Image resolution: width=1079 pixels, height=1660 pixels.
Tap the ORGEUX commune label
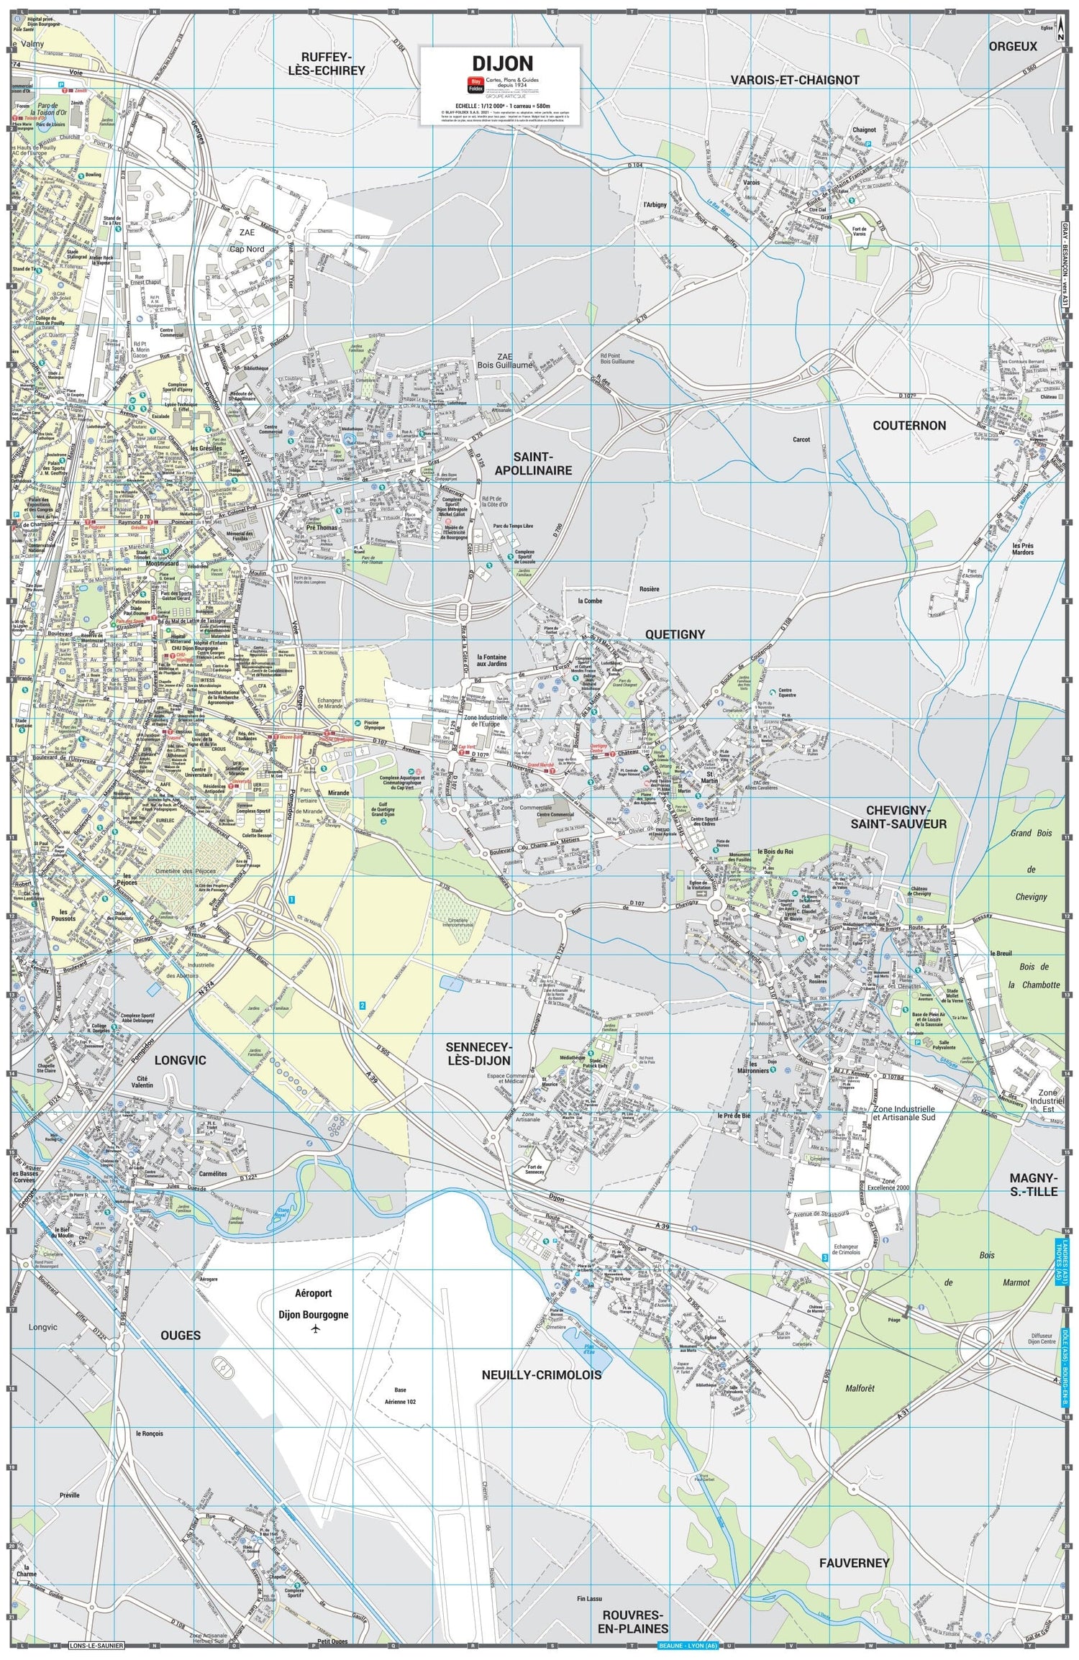1013,46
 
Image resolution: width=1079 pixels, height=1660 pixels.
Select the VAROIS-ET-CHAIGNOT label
795,81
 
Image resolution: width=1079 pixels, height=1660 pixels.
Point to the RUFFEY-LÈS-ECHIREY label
327,64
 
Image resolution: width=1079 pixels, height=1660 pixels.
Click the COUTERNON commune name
909,425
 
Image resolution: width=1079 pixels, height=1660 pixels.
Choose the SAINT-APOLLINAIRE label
533,463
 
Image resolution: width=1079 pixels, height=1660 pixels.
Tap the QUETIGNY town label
675,634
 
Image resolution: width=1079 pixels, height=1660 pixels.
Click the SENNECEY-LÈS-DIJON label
478,1054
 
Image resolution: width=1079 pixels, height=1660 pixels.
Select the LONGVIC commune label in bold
180,1060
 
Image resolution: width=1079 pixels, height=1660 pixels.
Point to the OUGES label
181,1336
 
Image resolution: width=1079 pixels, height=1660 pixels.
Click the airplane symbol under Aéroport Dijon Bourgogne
315,1330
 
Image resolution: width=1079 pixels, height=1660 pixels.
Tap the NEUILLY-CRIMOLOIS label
541,1374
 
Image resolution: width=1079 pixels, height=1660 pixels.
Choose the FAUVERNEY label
854,1563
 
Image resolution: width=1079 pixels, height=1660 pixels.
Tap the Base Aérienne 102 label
400,1396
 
